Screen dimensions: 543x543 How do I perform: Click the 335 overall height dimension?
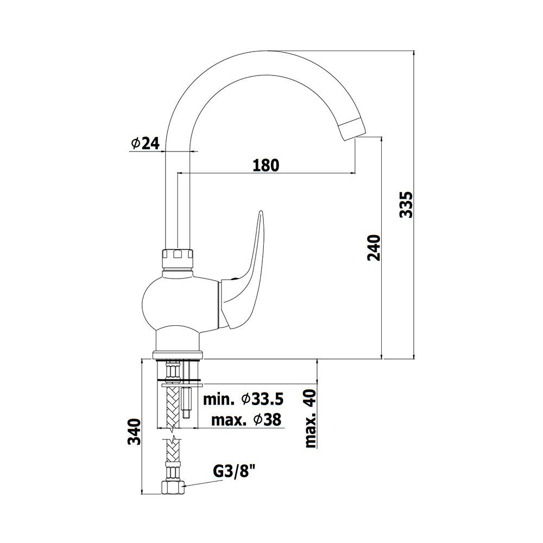(x=406, y=204)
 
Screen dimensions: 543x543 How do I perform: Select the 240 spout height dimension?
(x=374, y=248)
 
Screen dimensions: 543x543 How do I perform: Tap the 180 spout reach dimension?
(x=266, y=166)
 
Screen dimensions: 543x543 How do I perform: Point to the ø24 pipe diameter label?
(x=146, y=143)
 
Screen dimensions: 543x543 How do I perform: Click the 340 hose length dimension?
(x=134, y=432)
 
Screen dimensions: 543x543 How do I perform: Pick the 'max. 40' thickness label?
(x=311, y=419)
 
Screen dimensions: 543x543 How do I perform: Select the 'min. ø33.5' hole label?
(x=243, y=399)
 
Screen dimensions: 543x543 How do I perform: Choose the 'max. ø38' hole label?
(x=246, y=420)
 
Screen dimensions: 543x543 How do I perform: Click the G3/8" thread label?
(x=236, y=472)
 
